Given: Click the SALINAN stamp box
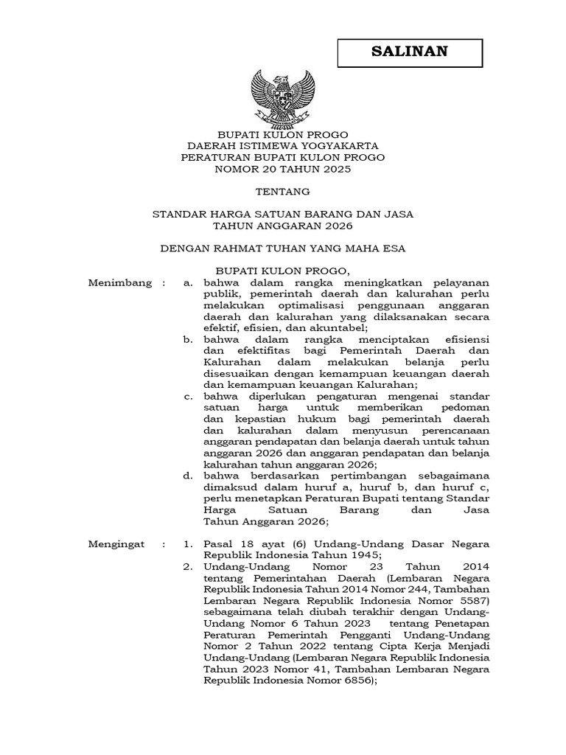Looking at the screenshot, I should pos(410,52).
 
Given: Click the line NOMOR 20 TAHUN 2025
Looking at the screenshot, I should pos(283,169).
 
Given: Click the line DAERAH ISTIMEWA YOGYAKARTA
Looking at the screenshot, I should pos(283,146).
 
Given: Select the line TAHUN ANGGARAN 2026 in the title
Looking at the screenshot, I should pos(283,225).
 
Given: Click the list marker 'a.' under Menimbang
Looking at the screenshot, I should pos(189,282).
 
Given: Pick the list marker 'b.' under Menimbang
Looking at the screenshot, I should pos(189,339).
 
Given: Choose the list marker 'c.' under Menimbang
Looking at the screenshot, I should pos(189,396).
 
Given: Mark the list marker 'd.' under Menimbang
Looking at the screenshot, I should pos(189,476).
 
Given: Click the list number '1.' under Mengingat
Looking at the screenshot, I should pos(188,544).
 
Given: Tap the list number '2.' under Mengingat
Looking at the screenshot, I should pos(188,567).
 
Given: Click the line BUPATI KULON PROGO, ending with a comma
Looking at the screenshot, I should pos(283,271).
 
